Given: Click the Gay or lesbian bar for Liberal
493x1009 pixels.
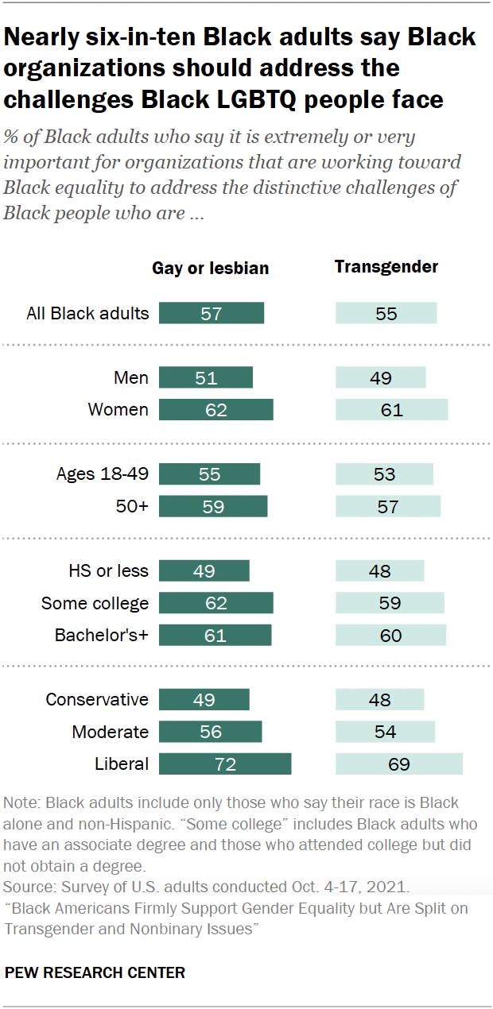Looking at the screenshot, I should coord(225,764).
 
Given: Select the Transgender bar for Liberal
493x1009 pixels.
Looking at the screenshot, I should coord(398,764).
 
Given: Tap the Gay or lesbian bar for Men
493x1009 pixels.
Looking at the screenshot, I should coord(205,377).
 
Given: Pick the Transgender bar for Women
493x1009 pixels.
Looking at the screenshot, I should coord(391,410).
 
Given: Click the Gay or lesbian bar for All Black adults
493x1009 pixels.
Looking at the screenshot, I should coord(211,313).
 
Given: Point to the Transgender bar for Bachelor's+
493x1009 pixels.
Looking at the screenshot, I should coord(390,636).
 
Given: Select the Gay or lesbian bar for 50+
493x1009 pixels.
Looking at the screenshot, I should coord(213,507).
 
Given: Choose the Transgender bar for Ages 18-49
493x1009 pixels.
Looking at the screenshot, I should coord(384,474).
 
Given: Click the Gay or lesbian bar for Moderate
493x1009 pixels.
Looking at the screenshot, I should coord(210,732).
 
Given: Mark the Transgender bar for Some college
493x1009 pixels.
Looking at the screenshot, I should coord(390,603).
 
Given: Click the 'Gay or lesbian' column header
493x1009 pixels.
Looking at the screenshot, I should coord(211,269).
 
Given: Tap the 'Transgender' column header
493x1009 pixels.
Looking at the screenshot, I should coord(386,267).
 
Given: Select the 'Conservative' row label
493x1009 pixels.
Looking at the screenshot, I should coord(97,699).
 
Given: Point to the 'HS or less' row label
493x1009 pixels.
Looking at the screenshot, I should coord(109,570).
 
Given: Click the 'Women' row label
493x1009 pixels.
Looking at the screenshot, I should coord(118,410).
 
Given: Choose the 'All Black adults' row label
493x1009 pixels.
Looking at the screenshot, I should coord(87,313).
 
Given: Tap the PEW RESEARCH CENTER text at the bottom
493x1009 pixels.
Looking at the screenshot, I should coord(95,972).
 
